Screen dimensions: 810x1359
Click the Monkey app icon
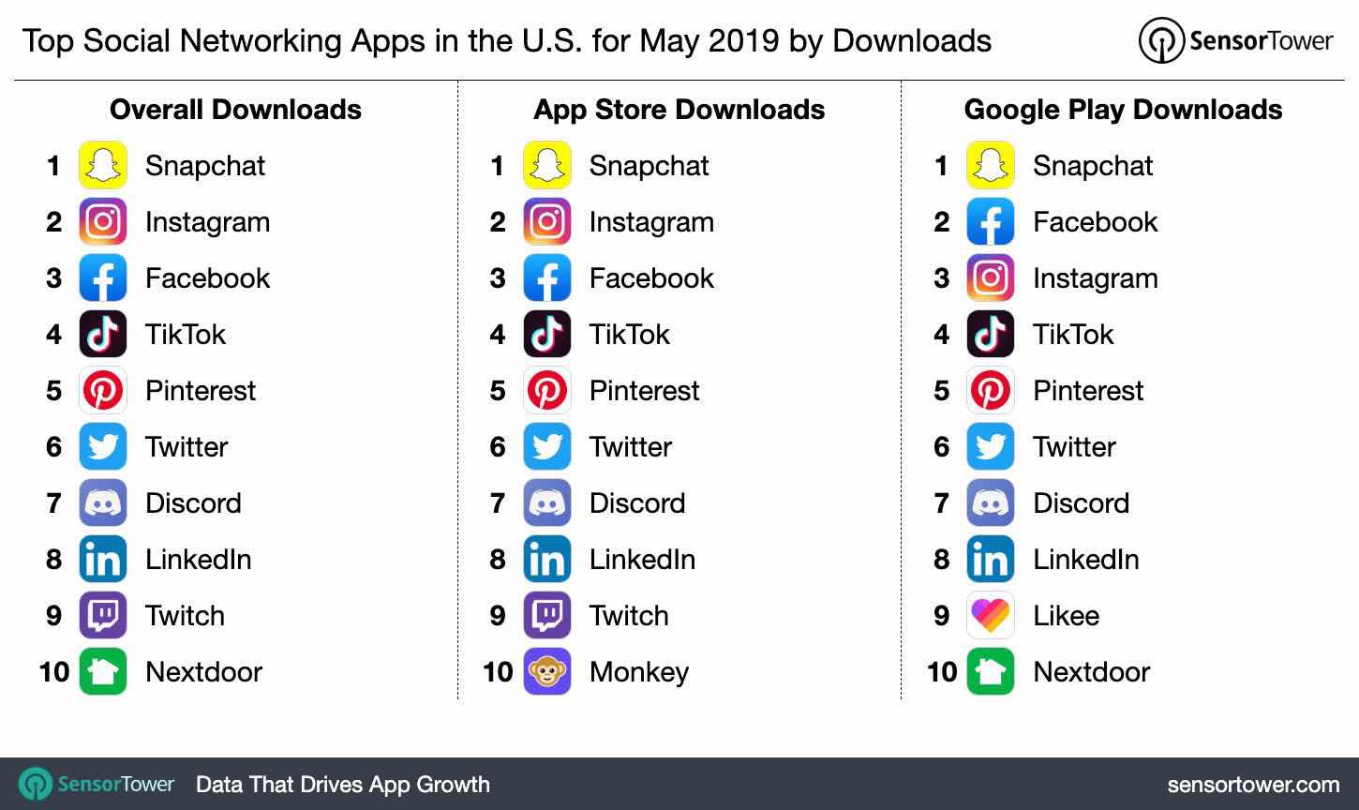click(x=546, y=671)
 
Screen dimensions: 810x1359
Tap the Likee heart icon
click(x=990, y=615)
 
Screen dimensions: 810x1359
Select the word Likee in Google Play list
click(x=1066, y=615)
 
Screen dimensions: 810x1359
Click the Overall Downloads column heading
click(x=235, y=110)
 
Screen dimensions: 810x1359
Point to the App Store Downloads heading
click(x=679, y=110)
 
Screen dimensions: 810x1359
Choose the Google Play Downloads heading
click(x=1123, y=110)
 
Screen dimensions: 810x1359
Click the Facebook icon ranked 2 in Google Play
click(x=990, y=221)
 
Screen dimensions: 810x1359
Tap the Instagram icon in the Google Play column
click(x=990, y=277)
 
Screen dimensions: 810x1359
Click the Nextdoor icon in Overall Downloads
click(x=103, y=671)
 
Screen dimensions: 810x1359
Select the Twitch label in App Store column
click(x=628, y=615)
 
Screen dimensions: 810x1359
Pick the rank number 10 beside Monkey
click(x=498, y=671)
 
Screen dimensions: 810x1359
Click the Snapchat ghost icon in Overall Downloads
click(x=103, y=165)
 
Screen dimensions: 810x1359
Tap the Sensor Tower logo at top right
click(x=1235, y=40)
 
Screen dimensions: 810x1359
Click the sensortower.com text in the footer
click(x=1253, y=784)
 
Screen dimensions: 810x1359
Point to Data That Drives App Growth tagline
click(x=342, y=784)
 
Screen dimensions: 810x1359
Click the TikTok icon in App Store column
click(x=546, y=334)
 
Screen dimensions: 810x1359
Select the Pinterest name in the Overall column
click(x=200, y=390)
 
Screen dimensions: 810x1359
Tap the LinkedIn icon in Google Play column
click(x=990, y=559)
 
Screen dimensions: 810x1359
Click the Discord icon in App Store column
click(x=546, y=502)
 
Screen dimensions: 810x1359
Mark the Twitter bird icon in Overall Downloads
click(x=103, y=446)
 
